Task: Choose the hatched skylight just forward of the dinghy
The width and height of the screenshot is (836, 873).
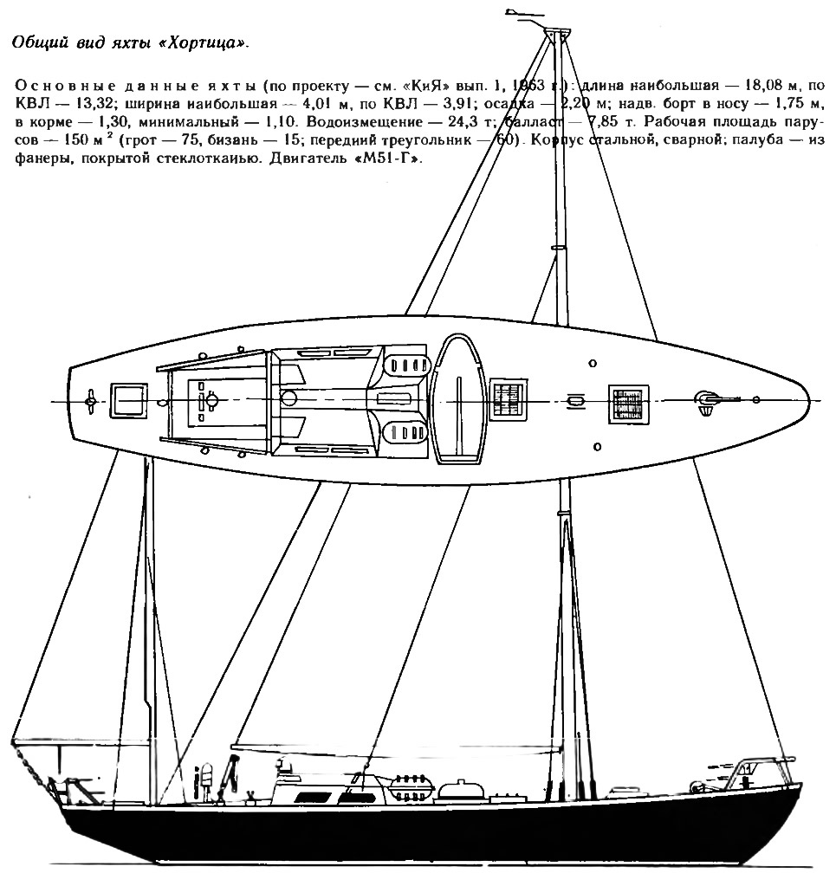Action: pyautogui.click(x=508, y=400)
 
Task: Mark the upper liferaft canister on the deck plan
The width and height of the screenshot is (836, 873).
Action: pyautogui.click(x=407, y=365)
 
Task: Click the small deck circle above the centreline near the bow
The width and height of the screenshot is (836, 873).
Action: pyautogui.click(x=592, y=363)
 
